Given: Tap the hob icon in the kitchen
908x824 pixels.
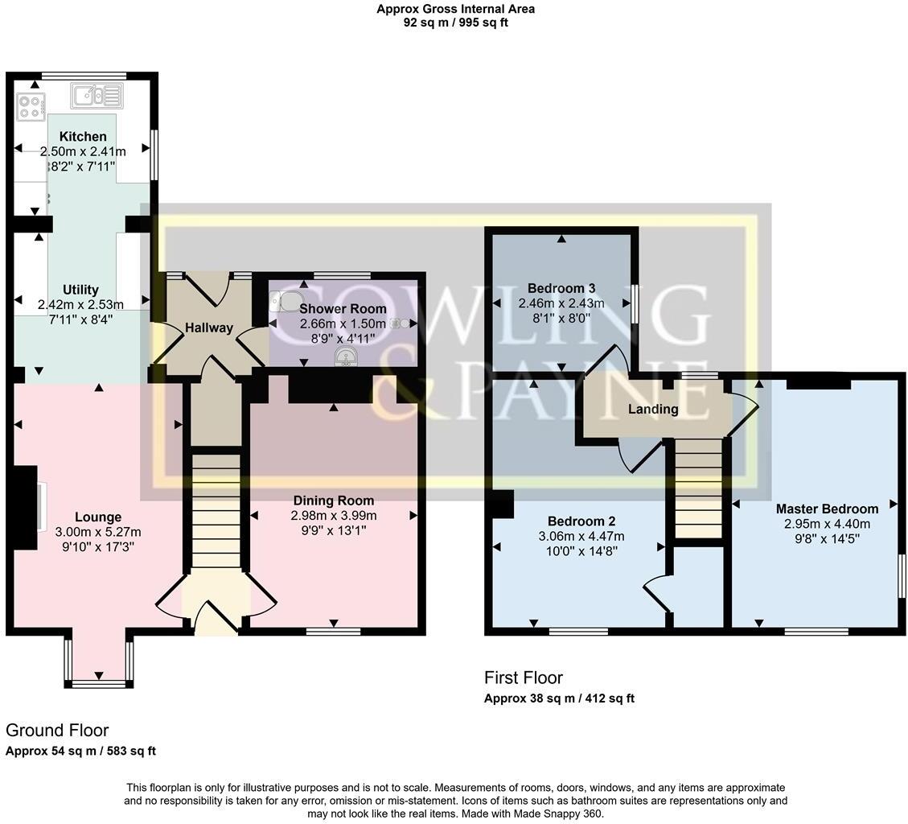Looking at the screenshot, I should (x=31, y=108).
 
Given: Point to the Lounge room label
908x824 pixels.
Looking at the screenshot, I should (x=98, y=517).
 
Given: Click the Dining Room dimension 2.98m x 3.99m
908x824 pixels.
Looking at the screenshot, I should (x=334, y=516).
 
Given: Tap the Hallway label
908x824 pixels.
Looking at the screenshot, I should (x=208, y=328).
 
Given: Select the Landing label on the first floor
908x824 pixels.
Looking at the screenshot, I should (x=653, y=409).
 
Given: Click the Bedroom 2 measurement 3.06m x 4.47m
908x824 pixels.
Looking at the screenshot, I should (x=581, y=536).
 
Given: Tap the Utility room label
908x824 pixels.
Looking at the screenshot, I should (x=80, y=290).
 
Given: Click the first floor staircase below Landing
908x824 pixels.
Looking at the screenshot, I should (x=697, y=486).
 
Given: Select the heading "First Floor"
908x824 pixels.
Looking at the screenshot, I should (x=523, y=678).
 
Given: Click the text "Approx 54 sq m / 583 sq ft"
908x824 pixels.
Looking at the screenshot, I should (x=80, y=751).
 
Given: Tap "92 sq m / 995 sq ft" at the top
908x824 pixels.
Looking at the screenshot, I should (x=455, y=23).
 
